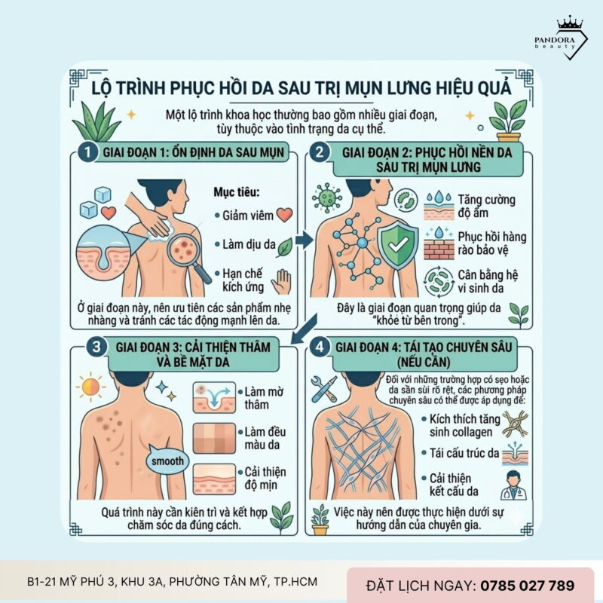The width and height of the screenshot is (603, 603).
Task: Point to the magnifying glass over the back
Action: point(185,254)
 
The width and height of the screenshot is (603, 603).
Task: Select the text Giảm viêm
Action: point(246,215)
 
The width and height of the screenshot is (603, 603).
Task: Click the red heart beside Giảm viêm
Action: point(284,214)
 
